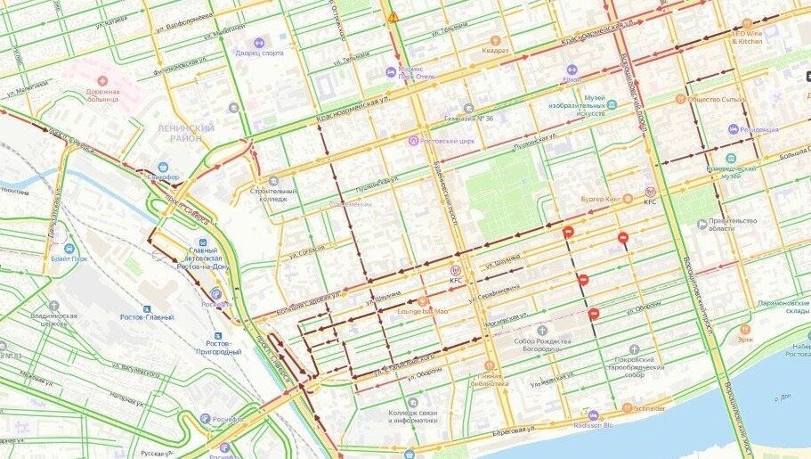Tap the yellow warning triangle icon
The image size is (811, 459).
pos(393,17)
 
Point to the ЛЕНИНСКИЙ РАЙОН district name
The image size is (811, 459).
pos(186,133)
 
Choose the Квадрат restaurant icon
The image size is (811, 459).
pos(497,39)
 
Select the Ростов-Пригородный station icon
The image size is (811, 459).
pos(217,328)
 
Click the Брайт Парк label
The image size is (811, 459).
pos(69,258)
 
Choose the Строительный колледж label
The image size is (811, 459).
pos(273,194)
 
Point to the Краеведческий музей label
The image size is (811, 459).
pos(730,169)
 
